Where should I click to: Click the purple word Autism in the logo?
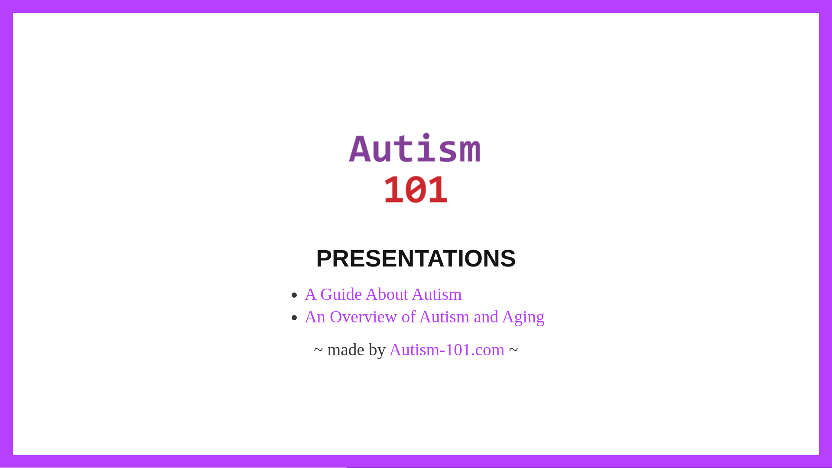[x=415, y=148]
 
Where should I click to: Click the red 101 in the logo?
[x=416, y=189]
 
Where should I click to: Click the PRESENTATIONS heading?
[x=416, y=258]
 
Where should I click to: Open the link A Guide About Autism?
[x=383, y=295]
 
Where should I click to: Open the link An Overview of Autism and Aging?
[x=424, y=317]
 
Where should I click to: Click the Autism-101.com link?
[x=447, y=350]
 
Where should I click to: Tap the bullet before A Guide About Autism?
[x=295, y=295]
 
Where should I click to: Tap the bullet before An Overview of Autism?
[x=295, y=318]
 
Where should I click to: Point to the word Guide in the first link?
[x=341, y=295]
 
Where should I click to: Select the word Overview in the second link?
[x=363, y=317]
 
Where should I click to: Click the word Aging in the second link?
[x=523, y=318]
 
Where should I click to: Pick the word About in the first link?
[x=387, y=295]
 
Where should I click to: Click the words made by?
[x=356, y=350]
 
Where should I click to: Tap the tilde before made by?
[x=318, y=349]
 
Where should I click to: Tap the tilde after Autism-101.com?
[x=513, y=349]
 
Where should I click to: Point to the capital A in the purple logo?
[x=360, y=149]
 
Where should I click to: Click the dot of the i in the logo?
[x=427, y=136]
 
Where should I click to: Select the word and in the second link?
[x=486, y=317]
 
